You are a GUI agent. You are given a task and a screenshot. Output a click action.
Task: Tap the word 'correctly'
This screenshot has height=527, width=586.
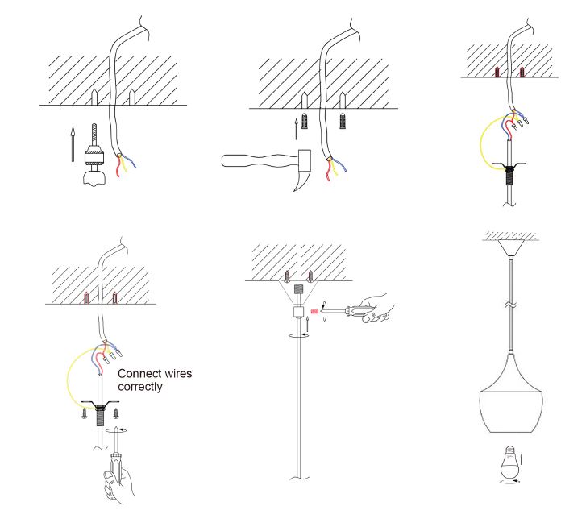[x=140, y=388]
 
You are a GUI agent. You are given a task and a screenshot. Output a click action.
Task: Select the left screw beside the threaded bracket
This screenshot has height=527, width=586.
[x=85, y=414]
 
